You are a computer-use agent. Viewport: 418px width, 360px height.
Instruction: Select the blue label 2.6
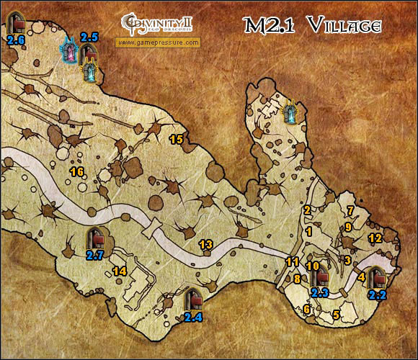pyautogui.click(x=16, y=40)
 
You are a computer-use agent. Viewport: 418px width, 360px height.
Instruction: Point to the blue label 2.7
pyautogui.click(x=95, y=254)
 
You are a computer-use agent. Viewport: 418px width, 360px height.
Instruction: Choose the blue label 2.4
pyautogui.click(x=192, y=315)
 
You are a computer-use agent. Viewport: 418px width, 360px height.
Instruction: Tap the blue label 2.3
pyautogui.click(x=320, y=292)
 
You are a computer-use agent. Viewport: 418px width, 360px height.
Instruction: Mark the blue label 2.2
pyautogui.click(x=377, y=294)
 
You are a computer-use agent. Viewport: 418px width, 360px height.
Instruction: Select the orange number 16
pyautogui.click(x=77, y=171)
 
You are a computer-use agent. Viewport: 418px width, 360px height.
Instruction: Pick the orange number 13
pyautogui.click(x=206, y=245)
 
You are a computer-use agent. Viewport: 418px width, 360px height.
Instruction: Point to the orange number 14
pyautogui.click(x=120, y=271)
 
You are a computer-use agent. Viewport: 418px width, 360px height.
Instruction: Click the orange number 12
pyautogui.click(x=375, y=238)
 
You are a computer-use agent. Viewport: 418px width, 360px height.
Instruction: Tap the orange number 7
pyautogui.click(x=351, y=210)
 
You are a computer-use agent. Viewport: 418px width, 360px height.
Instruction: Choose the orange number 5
pyautogui.click(x=337, y=314)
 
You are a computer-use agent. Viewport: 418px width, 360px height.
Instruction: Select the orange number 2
pyautogui.click(x=308, y=210)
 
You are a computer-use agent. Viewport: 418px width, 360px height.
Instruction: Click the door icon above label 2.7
pyautogui.click(x=95, y=238)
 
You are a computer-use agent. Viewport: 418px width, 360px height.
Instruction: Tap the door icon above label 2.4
pyautogui.click(x=192, y=298)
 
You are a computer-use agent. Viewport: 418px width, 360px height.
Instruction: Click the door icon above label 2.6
pyautogui.click(x=14, y=22)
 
